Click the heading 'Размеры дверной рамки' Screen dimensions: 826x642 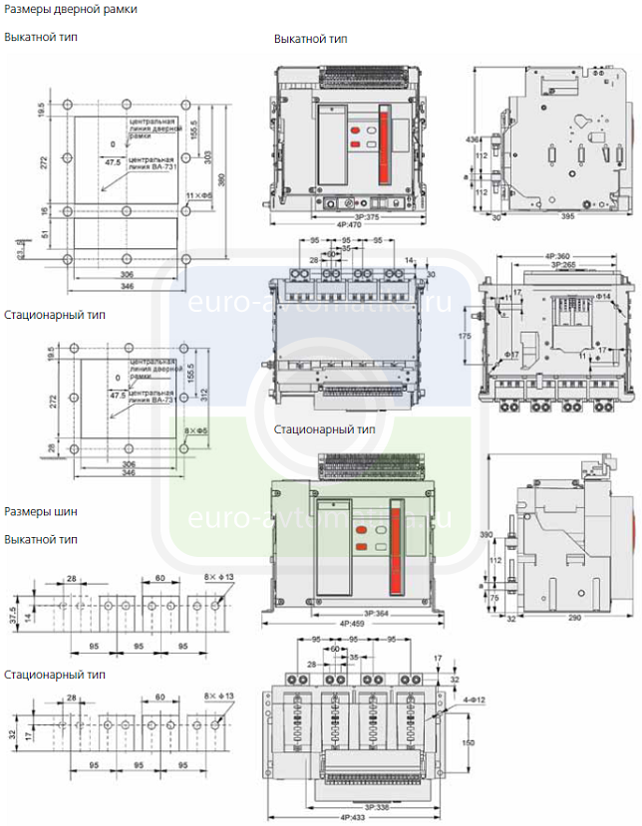[x=71, y=9]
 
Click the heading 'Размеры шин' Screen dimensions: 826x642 [x=41, y=512]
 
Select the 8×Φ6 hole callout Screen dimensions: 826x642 [x=195, y=429]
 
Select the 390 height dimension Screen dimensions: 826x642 [x=487, y=536]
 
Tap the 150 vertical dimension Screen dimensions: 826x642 [x=470, y=741]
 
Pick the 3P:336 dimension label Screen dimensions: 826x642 [x=353, y=807]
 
